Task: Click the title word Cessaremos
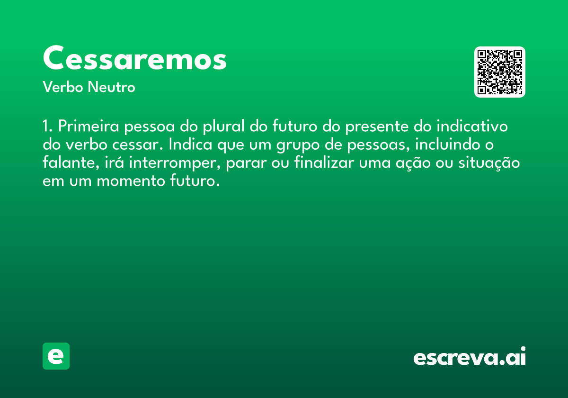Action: tap(134, 58)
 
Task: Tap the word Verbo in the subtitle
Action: tap(63, 87)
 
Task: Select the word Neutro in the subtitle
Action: tap(111, 87)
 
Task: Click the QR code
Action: tap(499, 72)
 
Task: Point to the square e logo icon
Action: tap(56, 356)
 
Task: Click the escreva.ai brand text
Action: tap(470, 356)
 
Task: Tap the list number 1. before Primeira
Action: tap(47, 126)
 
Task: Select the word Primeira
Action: tap(89, 126)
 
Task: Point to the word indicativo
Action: tap(472, 126)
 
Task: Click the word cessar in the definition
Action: tap(137, 145)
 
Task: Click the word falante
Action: tap(71, 163)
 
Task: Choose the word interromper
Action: tap(175, 163)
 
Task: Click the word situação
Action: tap(489, 163)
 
